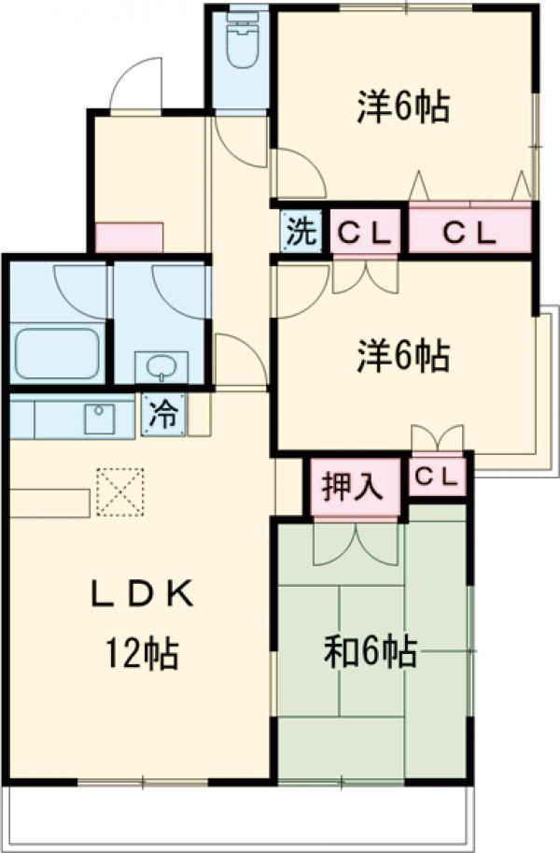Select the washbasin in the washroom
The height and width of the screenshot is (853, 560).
tap(161, 365)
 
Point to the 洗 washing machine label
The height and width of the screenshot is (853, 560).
tap(301, 230)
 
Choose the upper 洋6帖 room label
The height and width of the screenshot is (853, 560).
tap(403, 107)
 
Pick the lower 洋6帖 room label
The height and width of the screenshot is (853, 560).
tap(403, 355)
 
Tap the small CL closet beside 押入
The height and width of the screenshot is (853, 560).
tap(438, 476)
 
